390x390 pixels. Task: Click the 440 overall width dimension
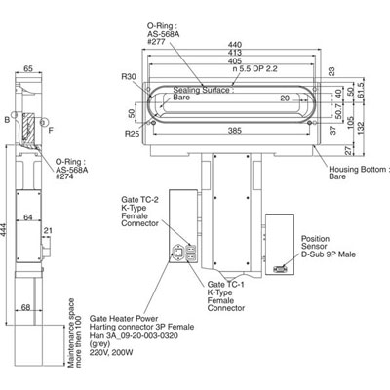233,44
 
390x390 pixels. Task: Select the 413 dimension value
233,53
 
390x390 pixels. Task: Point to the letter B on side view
8,120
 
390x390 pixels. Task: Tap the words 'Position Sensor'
315,241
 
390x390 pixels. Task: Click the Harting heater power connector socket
179,254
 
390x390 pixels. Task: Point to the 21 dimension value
47,230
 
